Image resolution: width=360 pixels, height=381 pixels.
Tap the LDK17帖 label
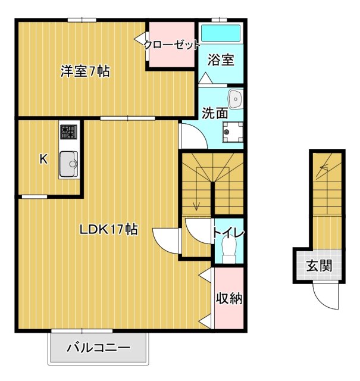click(x=109, y=229)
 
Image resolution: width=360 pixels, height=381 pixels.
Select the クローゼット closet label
click(x=171, y=45)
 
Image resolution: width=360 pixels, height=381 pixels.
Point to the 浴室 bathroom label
click(x=220, y=60)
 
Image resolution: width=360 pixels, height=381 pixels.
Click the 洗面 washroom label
click(x=214, y=112)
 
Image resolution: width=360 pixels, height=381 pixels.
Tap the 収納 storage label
click(x=229, y=299)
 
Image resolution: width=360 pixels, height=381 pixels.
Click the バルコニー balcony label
click(x=98, y=348)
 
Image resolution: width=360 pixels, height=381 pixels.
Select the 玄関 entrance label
click(x=320, y=266)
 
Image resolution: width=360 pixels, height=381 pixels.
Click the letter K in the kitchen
click(x=43, y=159)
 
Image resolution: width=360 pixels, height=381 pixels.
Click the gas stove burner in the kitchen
click(x=68, y=131)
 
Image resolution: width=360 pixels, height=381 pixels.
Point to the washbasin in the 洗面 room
click(x=235, y=98)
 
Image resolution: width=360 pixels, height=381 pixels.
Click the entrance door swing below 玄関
click(x=326, y=295)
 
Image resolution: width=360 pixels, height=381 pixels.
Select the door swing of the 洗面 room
click(x=193, y=137)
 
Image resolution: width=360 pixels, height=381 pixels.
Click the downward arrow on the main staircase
click(x=196, y=205)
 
